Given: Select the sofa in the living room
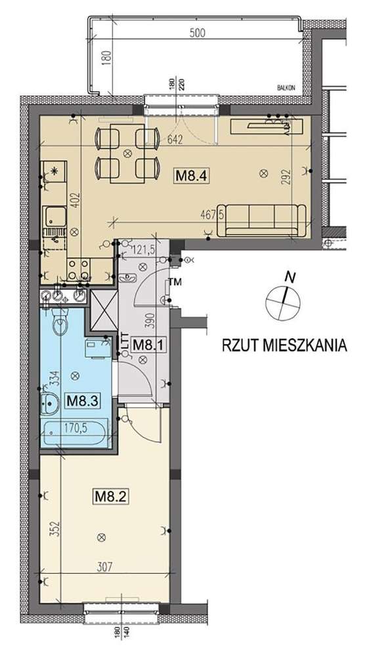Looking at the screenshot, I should (263, 220).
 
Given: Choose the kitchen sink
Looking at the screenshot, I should (52, 216).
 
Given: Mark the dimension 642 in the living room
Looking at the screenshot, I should (174, 139).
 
